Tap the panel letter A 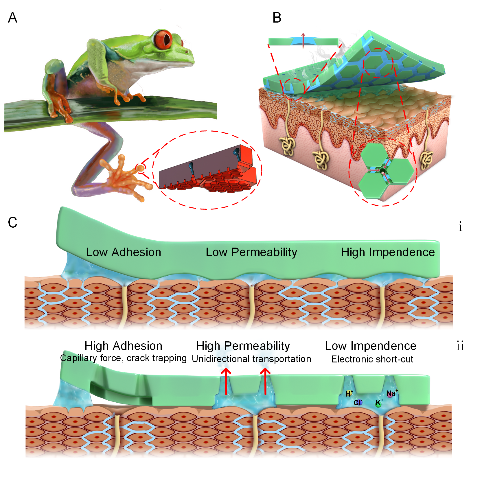12,18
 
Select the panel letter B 277,18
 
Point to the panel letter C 12,223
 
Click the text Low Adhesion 124,252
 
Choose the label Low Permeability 251,252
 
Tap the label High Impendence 388,252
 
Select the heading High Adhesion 124,346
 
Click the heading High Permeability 243,346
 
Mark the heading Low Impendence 371,346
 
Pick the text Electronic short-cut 372,359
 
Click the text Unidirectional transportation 251,359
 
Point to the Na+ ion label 391,393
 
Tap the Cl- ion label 358,402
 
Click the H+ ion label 349,394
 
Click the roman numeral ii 460,346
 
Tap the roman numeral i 460,226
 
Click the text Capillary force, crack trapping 124,358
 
